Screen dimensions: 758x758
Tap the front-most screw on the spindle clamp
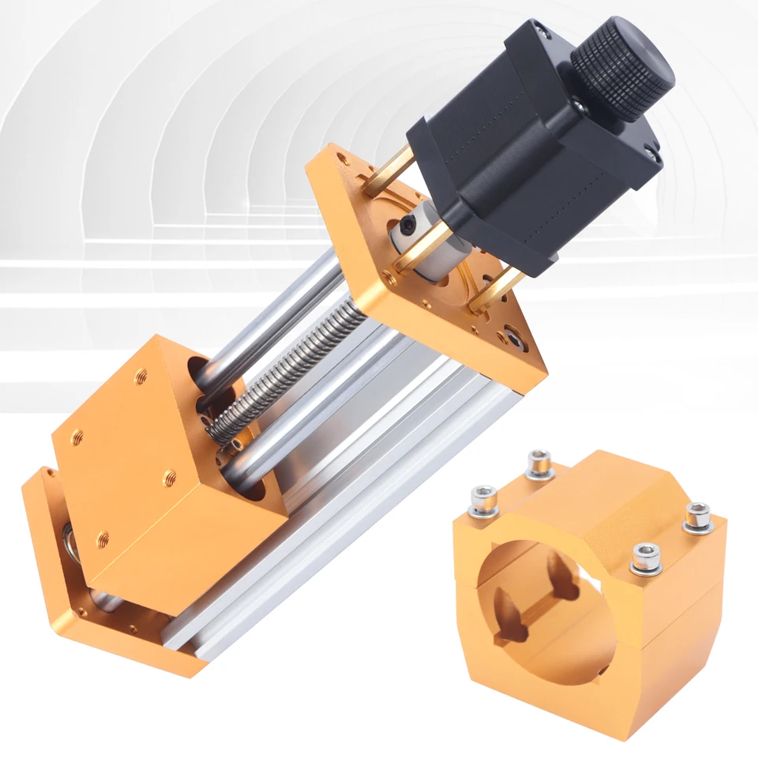pos(646,557)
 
